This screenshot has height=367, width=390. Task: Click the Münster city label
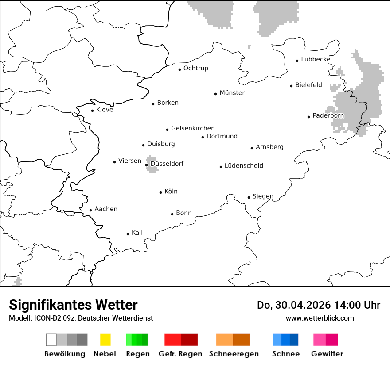coord(232,93)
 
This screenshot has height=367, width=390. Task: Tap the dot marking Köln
coord(160,192)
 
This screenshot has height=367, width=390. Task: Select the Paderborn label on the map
coord(328,116)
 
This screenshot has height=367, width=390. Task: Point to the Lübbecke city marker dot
coord(297,61)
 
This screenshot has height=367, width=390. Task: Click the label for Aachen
coord(106,209)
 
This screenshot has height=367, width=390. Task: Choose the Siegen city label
coord(263,196)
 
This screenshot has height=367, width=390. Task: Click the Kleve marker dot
coord(92,111)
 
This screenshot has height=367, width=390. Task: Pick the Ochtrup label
coord(196,68)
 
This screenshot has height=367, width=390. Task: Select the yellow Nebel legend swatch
coord(105,340)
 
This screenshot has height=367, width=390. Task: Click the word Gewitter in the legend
coord(327,354)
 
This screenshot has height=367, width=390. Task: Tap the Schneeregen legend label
coord(234,354)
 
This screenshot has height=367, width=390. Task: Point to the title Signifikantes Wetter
coord(73,305)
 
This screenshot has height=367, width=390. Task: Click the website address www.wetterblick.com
coord(320,318)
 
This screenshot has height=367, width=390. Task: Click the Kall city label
coord(137,233)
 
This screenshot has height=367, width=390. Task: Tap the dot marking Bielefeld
coord(292,86)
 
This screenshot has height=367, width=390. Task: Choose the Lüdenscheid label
coord(244,166)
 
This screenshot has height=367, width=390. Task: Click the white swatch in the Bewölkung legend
coord(51,340)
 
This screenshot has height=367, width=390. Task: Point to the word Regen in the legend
coord(137,354)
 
